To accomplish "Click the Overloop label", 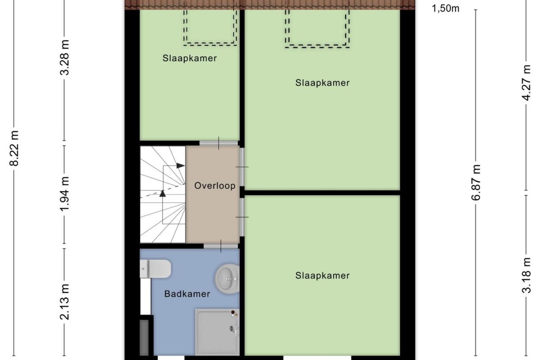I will [215, 186].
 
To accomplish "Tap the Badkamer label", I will [187, 294].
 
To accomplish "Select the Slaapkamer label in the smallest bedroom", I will [189, 58].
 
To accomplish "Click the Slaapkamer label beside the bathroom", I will [322, 275].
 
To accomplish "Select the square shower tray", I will [217, 332].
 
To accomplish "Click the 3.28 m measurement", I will [65, 58].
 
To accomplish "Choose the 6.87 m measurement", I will [476, 182].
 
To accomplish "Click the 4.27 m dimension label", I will [526, 83].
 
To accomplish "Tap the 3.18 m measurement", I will [526, 275].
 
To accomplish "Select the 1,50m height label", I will [445, 8].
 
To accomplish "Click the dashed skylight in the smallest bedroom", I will [210, 27].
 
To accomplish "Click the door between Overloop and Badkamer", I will [221, 246].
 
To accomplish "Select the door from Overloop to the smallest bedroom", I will [219, 143].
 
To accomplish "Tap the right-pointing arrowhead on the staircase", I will [181, 166].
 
